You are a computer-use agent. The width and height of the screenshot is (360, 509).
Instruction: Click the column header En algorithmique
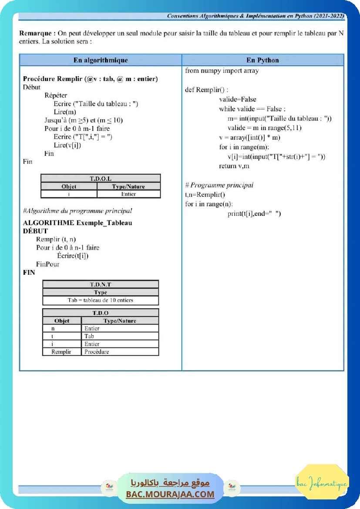(x=101, y=60)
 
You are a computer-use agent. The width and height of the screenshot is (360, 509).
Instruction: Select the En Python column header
(x=262, y=60)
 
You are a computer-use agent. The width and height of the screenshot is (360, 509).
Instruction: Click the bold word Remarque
(x=37, y=33)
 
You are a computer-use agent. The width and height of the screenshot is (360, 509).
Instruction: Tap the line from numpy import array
(x=222, y=71)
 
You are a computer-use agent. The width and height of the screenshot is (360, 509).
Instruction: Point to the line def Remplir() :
(x=206, y=90)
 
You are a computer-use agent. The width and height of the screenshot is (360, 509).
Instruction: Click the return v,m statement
(x=234, y=166)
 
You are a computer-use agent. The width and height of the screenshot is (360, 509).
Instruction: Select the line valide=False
(x=238, y=99)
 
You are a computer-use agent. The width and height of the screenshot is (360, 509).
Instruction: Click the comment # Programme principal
(x=219, y=185)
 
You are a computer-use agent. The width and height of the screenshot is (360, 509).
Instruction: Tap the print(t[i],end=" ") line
(x=254, y=213)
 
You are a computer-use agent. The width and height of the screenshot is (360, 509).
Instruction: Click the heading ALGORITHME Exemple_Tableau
(x=77, y=223)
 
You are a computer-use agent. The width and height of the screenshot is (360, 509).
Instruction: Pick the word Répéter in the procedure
(x=56, y=95)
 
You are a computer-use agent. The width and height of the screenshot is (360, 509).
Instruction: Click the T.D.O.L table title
(x=101, y=179)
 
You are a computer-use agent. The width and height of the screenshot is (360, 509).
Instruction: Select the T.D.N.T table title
(x=101, y=284)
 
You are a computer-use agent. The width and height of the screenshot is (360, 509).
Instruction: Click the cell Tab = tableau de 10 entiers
(x=101, y=300)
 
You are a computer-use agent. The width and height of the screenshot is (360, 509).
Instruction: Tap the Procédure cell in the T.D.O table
(x=97, y=352)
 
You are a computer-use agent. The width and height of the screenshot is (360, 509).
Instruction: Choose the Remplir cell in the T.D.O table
(x=61, y=352)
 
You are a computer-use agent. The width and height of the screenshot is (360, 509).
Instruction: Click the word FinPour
(x=48, y=264)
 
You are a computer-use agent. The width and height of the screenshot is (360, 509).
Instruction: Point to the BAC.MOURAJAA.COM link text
(x=170, y=494)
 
